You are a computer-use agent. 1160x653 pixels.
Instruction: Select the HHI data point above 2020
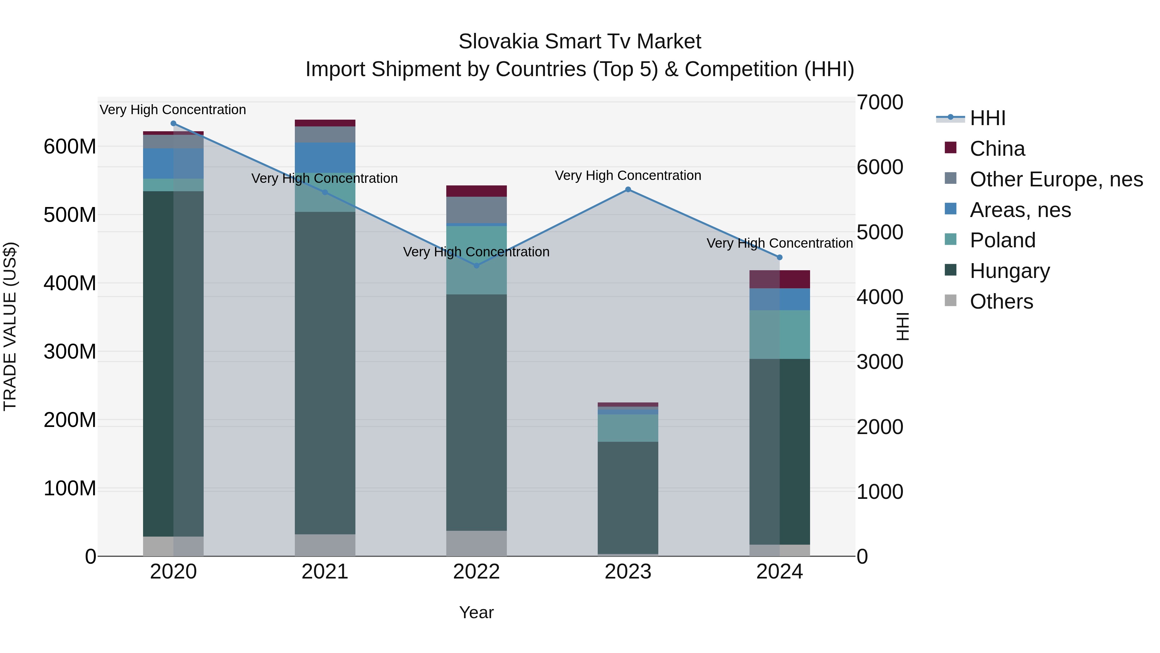click(x=173, y=124)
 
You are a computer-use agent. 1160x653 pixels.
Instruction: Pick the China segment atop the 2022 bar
click(x=477, y=191)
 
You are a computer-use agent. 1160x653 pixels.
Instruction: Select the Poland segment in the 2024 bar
click(x=779, y=334)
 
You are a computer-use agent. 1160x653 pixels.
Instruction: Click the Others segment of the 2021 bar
click(x=325, y=545)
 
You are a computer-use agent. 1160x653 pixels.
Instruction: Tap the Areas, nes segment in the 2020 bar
click(x=173, y=163)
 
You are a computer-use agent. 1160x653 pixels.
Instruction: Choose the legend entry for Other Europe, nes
click(x=1056, y=179)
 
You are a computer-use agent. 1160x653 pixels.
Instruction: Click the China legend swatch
click(x=950, y=148)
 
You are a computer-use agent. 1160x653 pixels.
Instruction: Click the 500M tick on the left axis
click(x=70, y=215)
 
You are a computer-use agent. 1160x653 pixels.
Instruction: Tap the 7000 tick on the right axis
click(x=879, y=102)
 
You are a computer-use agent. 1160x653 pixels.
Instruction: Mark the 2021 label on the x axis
click(x=325, y=572)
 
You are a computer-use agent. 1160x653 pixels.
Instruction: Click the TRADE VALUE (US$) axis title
click(x=10, y=326)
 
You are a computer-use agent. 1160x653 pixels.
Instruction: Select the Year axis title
click(x=477, y=612)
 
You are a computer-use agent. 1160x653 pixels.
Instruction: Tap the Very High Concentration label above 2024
click(x=779, y=243)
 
